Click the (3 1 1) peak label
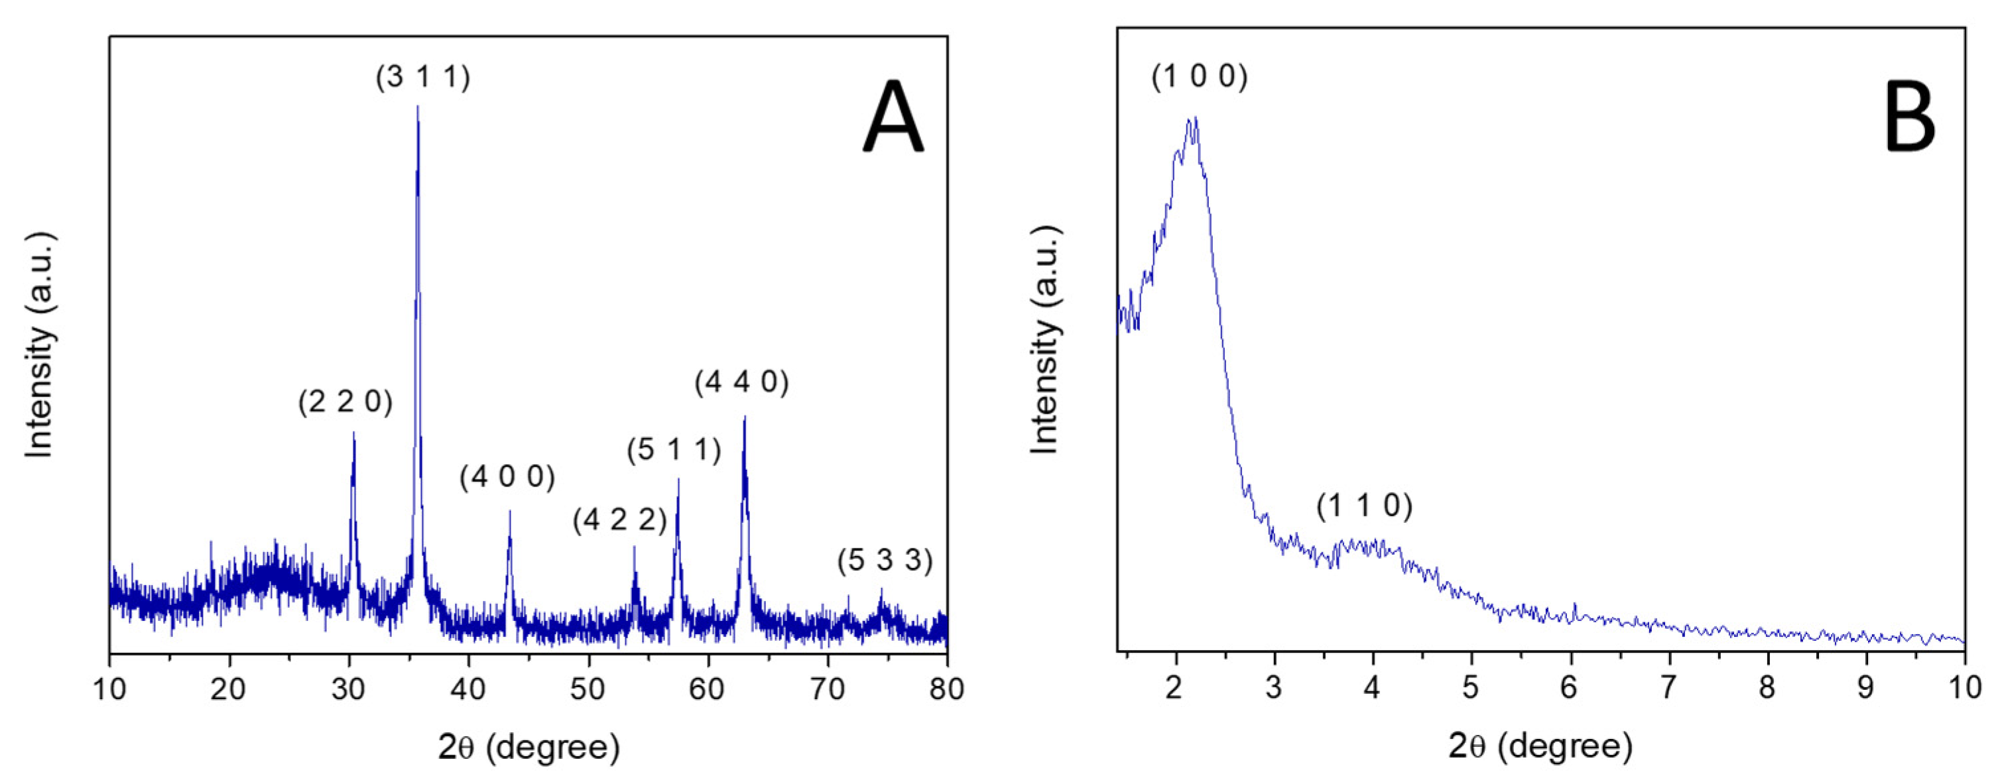click(x=423, y=78)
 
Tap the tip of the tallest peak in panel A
click(x=418, y=107)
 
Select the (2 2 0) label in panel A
click(x=345, y=402)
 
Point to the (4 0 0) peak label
click(x=507, y=476)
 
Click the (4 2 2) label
click(x=619, y=520)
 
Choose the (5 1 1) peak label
click(x=674, y=449)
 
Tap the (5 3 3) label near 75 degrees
click(x=885, y=559)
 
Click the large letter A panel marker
click(x=893, y=118)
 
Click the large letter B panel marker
click(x=1910, y=118)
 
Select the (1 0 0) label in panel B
click(x=1199, y=78)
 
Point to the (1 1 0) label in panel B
click(x=1364, y=506)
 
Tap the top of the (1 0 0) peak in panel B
click(x=1193, y=118)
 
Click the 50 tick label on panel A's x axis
click(x=588, y=689)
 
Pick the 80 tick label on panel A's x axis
click(x=946, y=689)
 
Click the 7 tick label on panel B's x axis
click(x=1668, y=689)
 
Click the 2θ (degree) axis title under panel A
click(x=529, y=748)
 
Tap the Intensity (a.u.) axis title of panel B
click(x=1045, y=340)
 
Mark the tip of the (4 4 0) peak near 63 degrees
click(x=745, y=418)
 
